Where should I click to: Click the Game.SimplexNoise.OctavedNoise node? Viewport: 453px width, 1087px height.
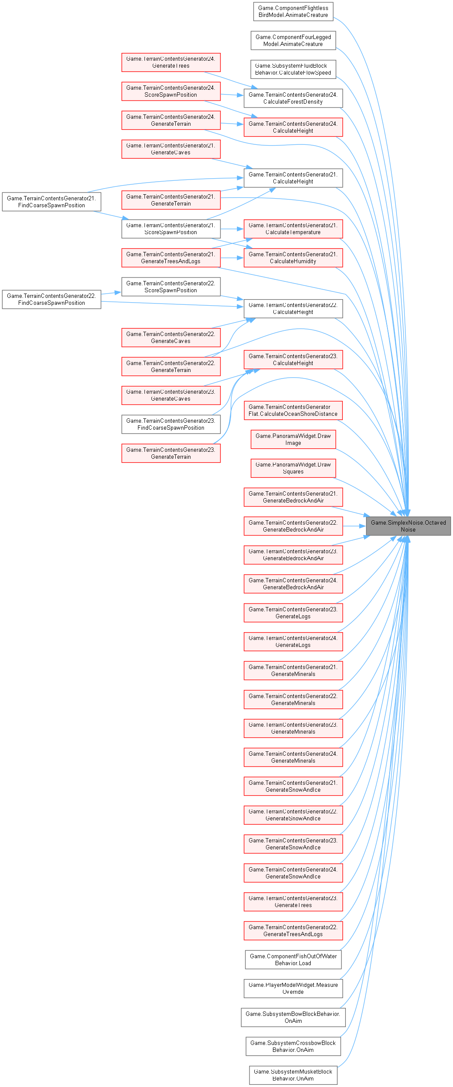tap(408, 526)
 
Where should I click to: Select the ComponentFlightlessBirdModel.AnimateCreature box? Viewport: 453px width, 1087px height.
tap(293, 11)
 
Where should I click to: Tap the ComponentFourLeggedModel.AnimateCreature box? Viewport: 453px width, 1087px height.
tap(293, 40)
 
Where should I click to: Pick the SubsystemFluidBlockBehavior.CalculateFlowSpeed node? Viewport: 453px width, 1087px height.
tap(293, 69)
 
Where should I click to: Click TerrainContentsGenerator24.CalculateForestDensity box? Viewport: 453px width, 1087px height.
tap(293, 98)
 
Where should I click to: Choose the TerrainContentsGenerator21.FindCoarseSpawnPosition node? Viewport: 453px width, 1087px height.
tap(51, 202)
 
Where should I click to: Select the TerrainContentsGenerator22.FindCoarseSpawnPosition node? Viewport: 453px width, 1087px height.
tap(51, 299)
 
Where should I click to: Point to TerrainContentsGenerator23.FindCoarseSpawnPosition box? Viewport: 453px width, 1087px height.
tap(171, 424)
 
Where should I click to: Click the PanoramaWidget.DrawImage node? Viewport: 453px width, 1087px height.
tap(293, 439)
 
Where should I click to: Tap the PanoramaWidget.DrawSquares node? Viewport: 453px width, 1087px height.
tap(293, 468)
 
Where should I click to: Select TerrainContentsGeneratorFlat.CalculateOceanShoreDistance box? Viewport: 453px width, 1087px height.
tap(293, 410)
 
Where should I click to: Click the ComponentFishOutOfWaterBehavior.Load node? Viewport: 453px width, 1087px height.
tap(293, 960)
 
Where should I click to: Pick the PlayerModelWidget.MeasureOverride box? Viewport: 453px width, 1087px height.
tap(293, 988)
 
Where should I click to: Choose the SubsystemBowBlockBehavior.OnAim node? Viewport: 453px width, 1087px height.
tap(293, 1017)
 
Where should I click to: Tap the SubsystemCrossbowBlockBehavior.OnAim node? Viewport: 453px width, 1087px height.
tap(293, 1046)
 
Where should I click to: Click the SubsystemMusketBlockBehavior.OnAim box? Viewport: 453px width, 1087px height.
tap(293, 1075)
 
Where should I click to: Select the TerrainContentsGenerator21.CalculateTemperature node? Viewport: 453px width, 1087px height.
tap(293, 228)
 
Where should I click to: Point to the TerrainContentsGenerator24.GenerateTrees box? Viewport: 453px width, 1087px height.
tap(171, 62)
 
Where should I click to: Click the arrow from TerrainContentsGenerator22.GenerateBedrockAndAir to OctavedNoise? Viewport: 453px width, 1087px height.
tap(354, 526)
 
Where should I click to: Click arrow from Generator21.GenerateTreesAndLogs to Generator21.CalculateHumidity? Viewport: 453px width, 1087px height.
tap(232, 258)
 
